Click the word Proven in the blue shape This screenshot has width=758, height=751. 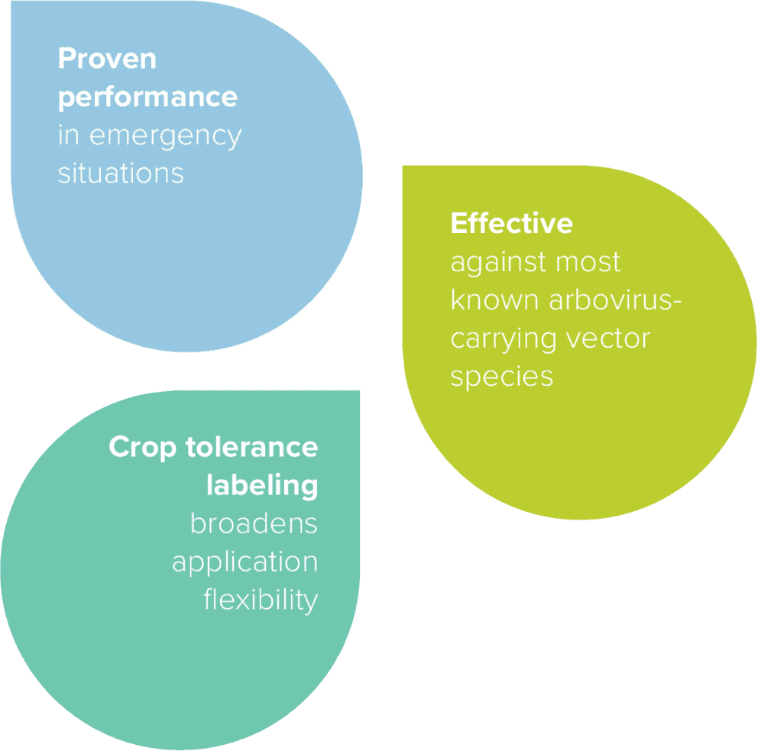tap(107, 60)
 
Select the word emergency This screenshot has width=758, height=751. tap(166, 136)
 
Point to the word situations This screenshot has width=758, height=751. tap(121, 173)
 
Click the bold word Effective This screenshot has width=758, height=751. tap(511, 223)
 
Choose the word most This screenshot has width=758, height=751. tap(588, 262)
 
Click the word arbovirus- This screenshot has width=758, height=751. tap(615, 300)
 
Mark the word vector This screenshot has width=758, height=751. tap(611, 338)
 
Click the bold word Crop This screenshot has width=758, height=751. tap(143, 448)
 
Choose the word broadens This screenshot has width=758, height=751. tap(254, 524)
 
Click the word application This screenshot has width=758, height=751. tap(245, 563)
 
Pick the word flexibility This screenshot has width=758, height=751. tap(260, 600)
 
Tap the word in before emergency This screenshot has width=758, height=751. tap(69, 136)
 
